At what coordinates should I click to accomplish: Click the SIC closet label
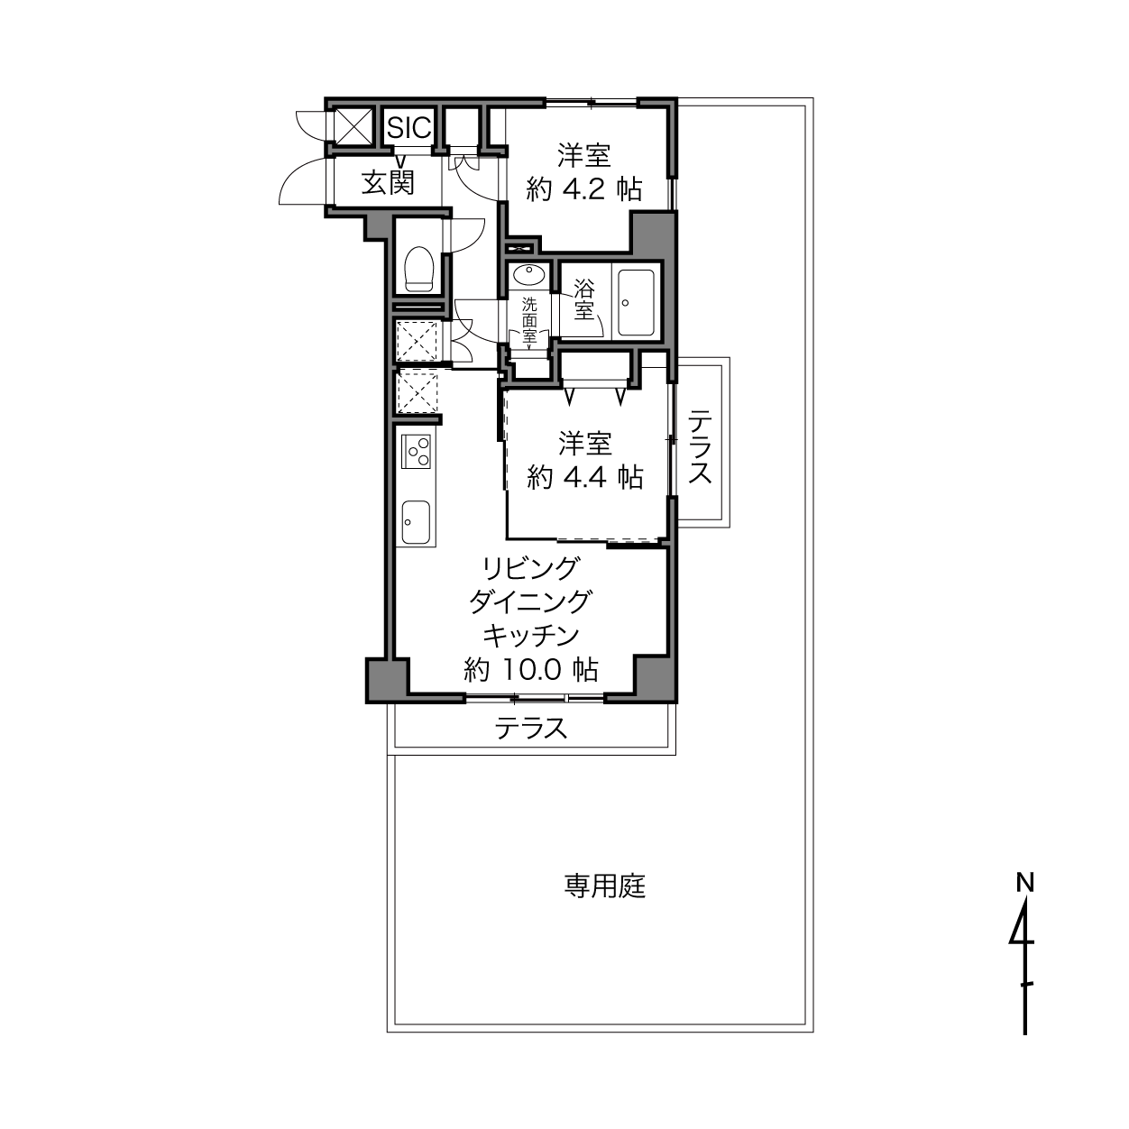[x=409, y=126]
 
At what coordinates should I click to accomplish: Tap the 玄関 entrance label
[x=388, y=183]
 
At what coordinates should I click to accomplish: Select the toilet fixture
[x=418, y=269]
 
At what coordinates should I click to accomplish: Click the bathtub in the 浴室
[x=636, y=302]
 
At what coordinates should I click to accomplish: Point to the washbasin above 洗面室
[x=529, y=274]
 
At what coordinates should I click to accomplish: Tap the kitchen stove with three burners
[x=416, y=451]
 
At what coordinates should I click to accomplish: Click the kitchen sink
[x=416, y=522]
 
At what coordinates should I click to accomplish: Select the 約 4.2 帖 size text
[x=584, y=189]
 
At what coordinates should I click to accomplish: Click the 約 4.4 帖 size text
[x=584, y=477]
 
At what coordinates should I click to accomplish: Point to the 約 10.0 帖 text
[x=531, y=669]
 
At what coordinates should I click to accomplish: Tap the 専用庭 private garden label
[x=605, y=886]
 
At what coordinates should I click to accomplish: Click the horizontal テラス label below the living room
[x=531, y=729]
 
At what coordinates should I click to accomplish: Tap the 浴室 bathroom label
[x=583, y=299]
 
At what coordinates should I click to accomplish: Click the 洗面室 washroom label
[x=529, y=320]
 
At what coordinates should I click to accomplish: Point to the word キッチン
[x=531, y=636]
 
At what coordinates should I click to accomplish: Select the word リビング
[x=531, y=568]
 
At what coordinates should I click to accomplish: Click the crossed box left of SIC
[x=353, y=125]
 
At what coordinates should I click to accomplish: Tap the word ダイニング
[x=531, y=601]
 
